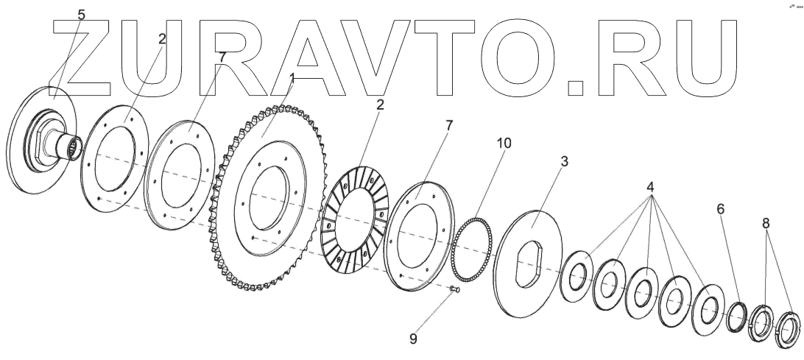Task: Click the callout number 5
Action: [x=81, y=15]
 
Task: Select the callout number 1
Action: [x=292, y=77]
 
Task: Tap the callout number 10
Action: [x=503, y=141]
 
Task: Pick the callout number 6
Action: [x=720, y=209]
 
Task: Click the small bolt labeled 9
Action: [x=454, y=292]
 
